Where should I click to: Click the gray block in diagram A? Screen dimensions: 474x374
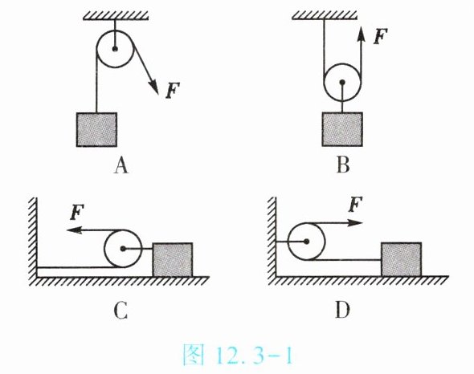96,130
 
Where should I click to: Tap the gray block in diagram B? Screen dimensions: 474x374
342,129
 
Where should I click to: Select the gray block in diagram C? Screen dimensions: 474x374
173,260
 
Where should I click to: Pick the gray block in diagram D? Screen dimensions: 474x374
402,259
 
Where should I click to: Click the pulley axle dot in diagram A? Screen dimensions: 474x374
115,49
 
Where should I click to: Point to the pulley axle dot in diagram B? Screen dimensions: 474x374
342,82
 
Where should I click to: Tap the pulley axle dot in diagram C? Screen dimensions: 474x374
123,249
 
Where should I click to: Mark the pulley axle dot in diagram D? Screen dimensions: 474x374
307,242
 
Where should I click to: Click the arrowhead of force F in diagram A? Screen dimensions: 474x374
154,87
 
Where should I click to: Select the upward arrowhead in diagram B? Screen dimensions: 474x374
361,34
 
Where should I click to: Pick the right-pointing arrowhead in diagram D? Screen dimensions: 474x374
355,223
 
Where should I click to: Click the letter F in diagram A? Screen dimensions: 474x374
173,91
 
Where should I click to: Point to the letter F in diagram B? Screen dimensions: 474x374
380,36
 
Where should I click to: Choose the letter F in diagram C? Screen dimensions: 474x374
77,212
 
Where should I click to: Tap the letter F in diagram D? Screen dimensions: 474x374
355,205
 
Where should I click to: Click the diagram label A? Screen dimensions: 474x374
121,165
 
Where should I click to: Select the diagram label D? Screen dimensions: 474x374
342,310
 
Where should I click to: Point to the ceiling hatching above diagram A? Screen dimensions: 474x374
116,16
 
